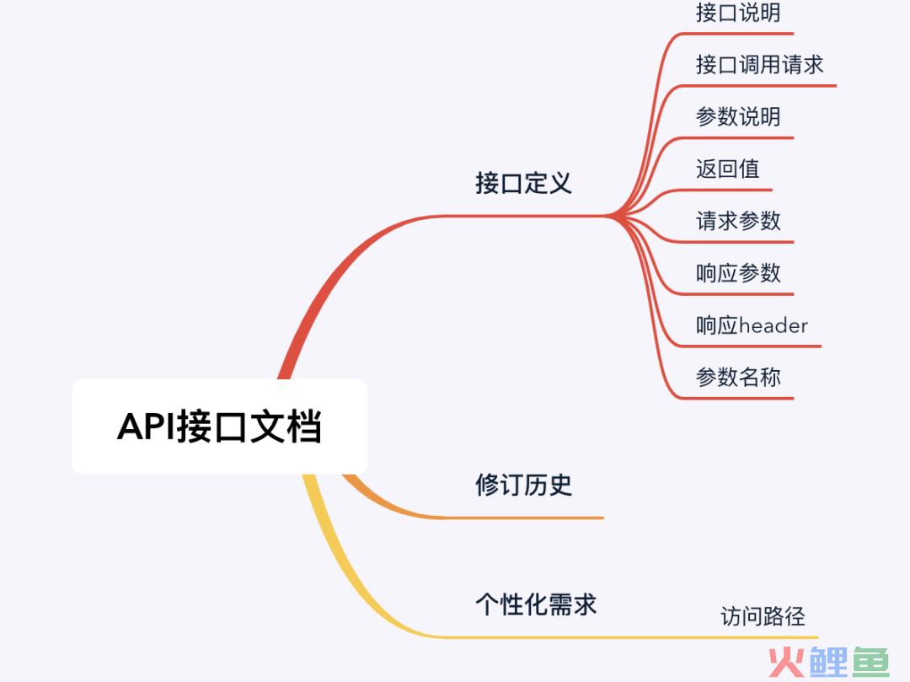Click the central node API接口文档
point(219,427)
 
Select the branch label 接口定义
point(523,183)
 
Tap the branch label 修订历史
point(523,485)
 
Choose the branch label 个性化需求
point(536,604)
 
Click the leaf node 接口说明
point(738,13)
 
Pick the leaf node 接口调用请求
point(759,65)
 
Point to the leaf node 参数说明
point(738,117)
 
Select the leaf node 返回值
point(728,169)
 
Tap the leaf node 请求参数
point(738,221)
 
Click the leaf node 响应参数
point(738,273)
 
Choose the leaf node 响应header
point(752,325)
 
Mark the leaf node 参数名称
point(738,378)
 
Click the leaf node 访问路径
point(763,616)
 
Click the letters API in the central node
point(145,427)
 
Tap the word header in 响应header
point(773,325)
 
